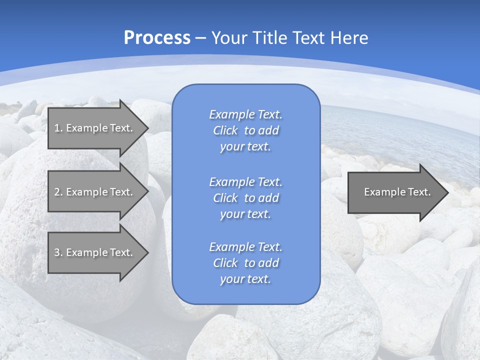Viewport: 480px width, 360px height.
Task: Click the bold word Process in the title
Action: pos(157,37)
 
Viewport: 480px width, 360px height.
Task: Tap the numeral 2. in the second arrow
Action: pos(58,192)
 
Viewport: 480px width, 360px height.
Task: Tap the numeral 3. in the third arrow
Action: pos(58,252)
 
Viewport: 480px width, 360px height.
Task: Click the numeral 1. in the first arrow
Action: pos(58,128)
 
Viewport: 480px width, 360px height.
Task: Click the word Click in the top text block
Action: pos(225,131)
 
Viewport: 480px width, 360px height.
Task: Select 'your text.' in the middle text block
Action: pos(245,214)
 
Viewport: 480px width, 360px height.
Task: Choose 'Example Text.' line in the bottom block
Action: pos(245,246)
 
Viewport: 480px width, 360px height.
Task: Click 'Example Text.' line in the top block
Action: pos(245,114)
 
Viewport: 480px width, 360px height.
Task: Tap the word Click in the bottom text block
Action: pos(225,263)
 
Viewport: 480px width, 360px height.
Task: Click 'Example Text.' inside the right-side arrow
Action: pos(397,192)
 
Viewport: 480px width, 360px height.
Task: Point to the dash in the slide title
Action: pos(201,38)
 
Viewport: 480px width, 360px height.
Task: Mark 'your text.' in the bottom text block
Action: pos(245,279)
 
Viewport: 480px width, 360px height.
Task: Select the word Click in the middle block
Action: pos(225,198)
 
